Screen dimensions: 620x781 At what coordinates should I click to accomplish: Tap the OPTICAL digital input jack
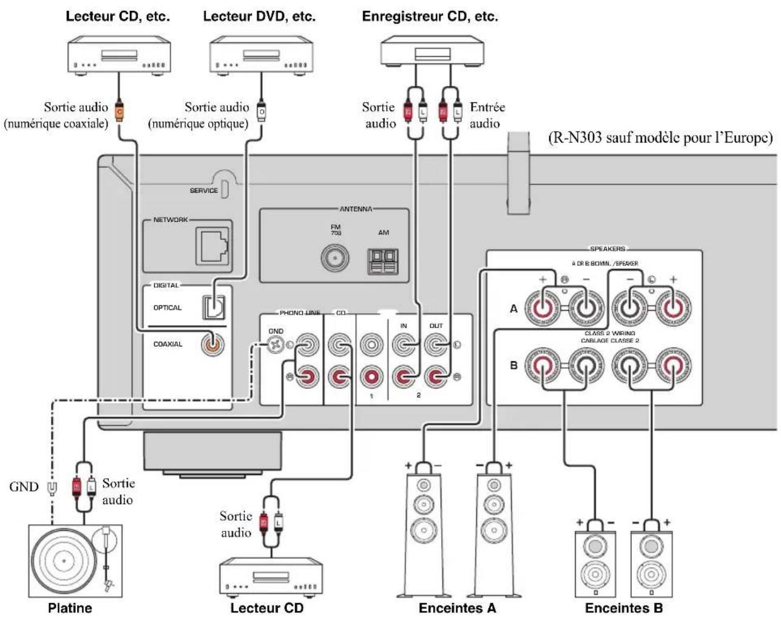[x=213, y=307]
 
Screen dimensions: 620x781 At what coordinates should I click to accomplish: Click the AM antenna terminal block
[x=383, y=261]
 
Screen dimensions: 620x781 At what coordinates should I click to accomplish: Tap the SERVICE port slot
[x=224, y=189]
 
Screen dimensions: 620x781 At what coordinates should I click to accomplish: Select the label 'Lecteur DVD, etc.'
[x=259, y=17]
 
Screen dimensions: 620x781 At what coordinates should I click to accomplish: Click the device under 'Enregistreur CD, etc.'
[x=432, y=49]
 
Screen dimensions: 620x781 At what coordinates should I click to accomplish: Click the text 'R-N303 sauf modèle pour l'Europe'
[x=661, y=138]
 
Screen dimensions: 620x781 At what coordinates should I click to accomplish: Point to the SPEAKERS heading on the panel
[x=607, y=249]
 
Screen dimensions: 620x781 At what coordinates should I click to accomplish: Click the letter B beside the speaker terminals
[x=513, y=365]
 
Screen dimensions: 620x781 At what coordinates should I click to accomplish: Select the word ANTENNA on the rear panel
[x=356, y=209]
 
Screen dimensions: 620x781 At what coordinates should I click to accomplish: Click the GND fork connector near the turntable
[x=52, y=487]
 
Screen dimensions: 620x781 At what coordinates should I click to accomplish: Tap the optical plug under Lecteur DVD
[x=262, y=112]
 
